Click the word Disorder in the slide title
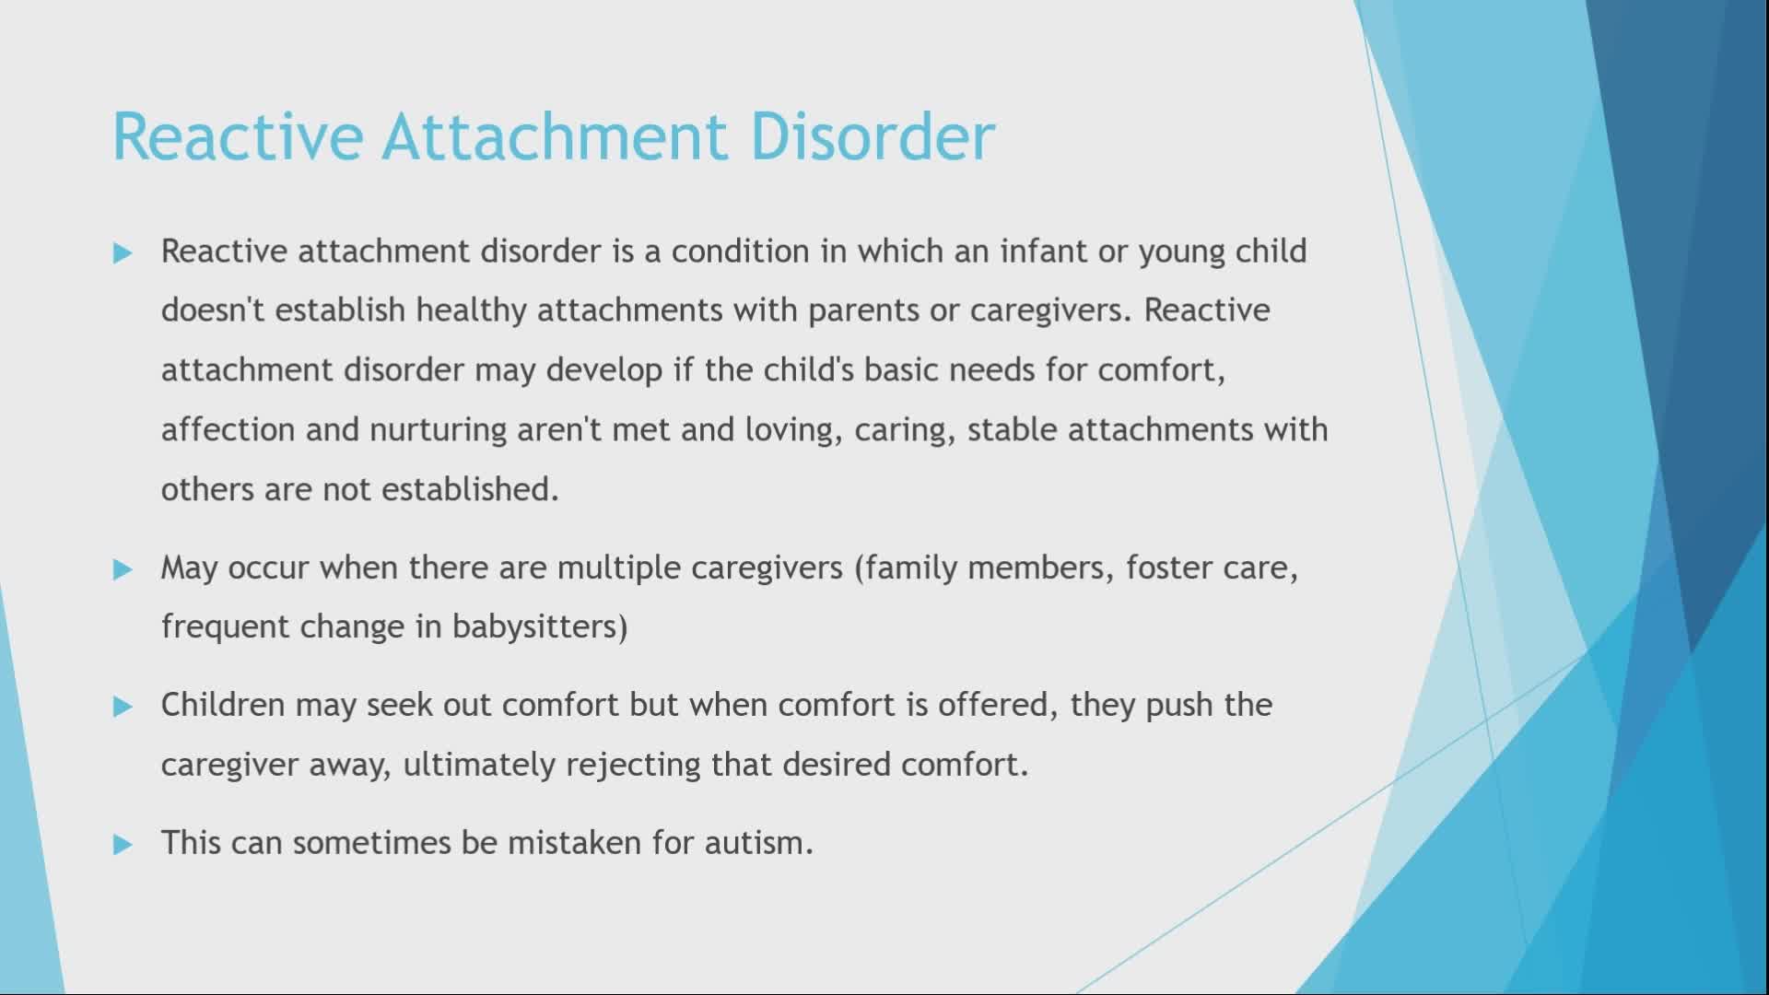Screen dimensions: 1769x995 [x=873, y=136]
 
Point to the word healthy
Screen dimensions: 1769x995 [x=472, y=311]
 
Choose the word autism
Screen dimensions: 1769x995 [x=758, y=843]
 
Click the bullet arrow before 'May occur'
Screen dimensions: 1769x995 [x=123, y=569]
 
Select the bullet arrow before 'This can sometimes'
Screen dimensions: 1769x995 [x=123, y=845]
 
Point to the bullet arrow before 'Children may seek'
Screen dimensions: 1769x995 [x=123, y=707]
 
